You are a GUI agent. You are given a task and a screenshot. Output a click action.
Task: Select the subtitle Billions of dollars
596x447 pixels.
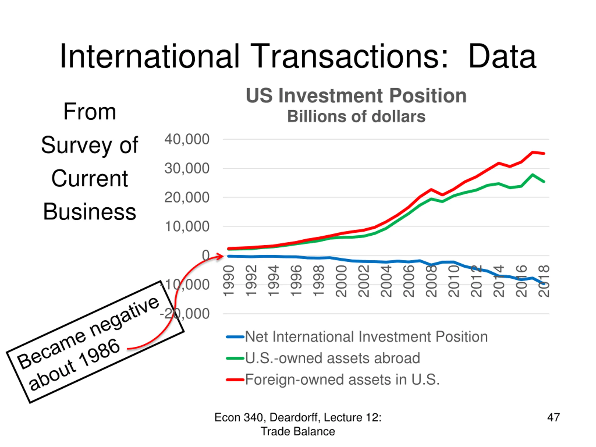pyautogui.click(x=356, y=117)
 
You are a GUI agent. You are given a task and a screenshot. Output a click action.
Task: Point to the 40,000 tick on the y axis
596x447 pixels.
pyautogui.click(x=187, y=139)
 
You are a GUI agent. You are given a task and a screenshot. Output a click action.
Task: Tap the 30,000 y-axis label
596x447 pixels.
pyautogui.click(x=187, y=168)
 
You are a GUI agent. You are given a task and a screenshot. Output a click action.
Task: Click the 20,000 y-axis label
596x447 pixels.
pyautogui.click(x=187, y=197)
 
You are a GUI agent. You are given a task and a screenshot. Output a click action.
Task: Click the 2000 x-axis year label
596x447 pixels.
pyautogui.click(x=341, y=281)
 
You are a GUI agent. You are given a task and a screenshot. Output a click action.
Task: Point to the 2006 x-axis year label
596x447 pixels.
pyautogui.click(x=409, y=281)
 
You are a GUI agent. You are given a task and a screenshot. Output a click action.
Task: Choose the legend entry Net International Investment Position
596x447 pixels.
pyautogui.click(x=366, y=337)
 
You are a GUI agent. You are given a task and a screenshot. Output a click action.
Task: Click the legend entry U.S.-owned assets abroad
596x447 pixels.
pyautogui.click(x=332, y=358)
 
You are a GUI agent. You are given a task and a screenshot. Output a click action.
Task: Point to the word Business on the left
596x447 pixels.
pyautogui.click(x=89, y=212)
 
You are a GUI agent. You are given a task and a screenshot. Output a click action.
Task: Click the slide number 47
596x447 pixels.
pyautogui.click(x=553, y=417)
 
